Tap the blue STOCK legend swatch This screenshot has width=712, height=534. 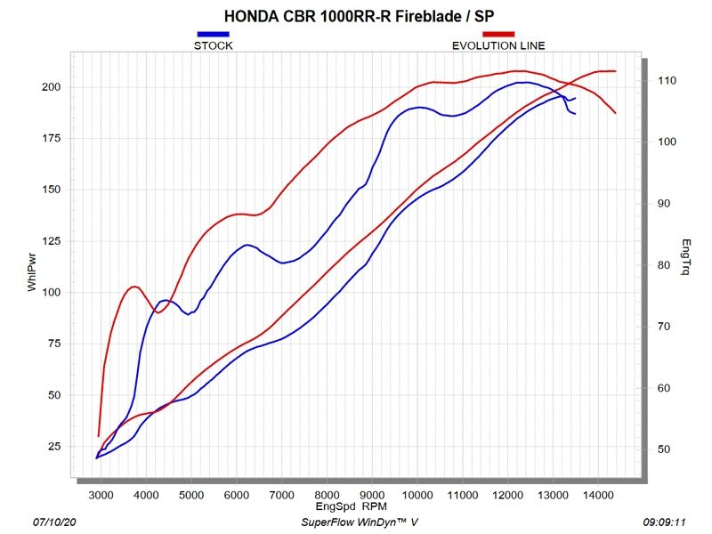[213, 34]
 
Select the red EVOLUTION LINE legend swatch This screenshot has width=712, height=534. [498, 34]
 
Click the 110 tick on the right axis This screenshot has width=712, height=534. [667, 81]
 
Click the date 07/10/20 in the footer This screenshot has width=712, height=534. [53, 525]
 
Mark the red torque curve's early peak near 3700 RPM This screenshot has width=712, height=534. [134, 287]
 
